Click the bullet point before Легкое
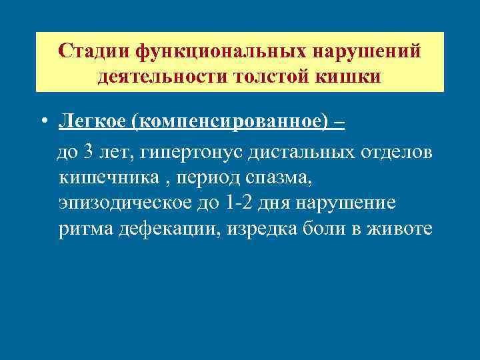[43, 122]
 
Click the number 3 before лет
[89, 153]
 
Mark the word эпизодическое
[125, 204]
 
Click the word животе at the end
[399, 229]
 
